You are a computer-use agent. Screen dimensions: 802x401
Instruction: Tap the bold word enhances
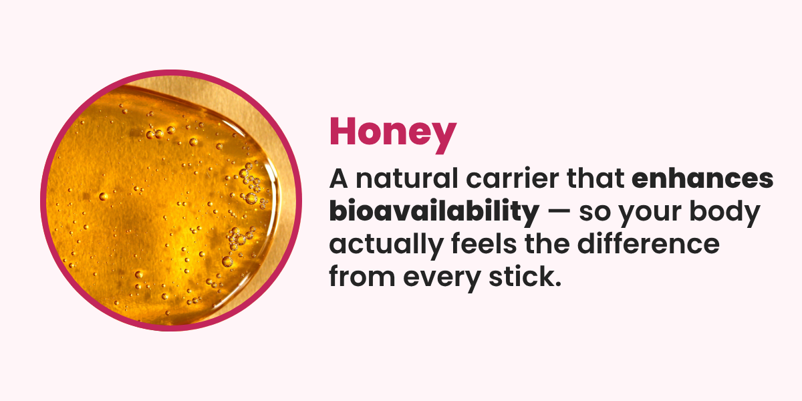702,178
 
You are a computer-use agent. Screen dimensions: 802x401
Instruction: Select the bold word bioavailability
434,212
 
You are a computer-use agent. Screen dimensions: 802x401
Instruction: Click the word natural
407,178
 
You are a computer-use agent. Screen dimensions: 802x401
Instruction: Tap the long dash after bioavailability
559,212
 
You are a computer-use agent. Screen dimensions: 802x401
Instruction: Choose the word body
724,212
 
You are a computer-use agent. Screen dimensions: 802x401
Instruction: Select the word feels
484,243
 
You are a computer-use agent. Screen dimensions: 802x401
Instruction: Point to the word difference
648,243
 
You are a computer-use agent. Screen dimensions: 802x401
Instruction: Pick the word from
362,276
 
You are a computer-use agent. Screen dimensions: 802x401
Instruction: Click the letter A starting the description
339,178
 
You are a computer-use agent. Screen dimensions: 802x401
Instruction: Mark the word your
650,215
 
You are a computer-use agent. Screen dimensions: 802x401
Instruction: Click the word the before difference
547,243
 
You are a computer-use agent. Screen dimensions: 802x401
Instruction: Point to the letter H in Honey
343,132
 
